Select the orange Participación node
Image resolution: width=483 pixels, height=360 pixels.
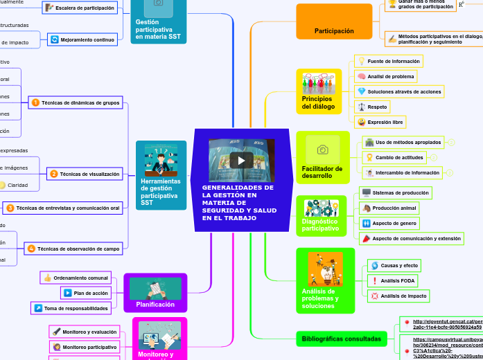tap(334, 30)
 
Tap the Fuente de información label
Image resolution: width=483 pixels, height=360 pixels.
tap(388, 61)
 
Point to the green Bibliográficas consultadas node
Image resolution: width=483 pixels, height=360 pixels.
tap(342, 339)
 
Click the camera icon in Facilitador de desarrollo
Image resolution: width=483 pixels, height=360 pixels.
tap(322, 150)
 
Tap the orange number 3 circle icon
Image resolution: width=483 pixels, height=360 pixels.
tap(10, 208)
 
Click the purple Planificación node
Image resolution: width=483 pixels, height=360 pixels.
tap(155, 304)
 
